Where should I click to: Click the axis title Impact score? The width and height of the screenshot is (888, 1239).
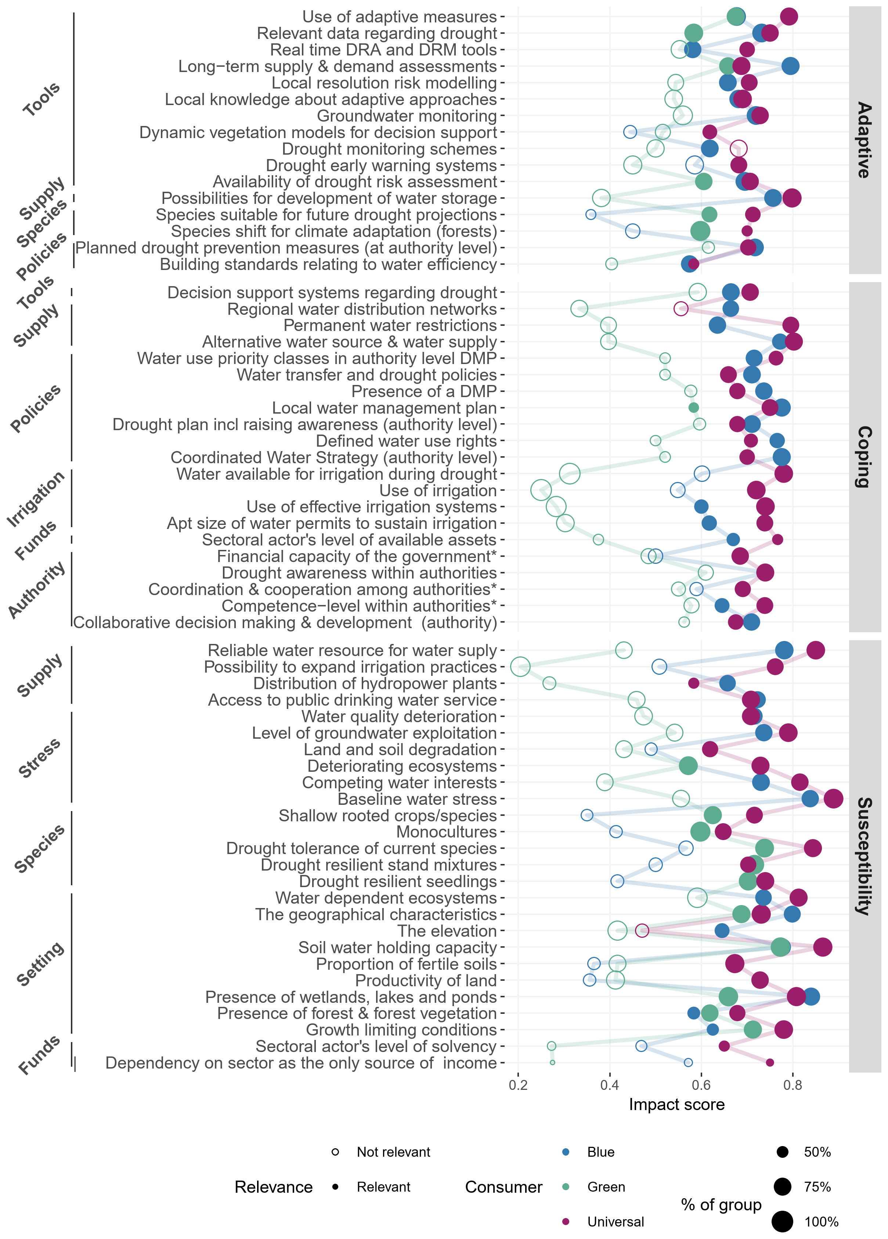click(676, 1104)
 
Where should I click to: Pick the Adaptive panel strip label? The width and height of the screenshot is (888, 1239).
click(864, 140)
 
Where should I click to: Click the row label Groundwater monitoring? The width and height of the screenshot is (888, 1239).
click(407, 116)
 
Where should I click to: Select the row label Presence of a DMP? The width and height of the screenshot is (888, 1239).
click(424, 391)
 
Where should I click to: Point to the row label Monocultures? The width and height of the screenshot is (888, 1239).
click(446, 832)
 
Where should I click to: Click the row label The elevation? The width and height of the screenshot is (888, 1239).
click(447, 930)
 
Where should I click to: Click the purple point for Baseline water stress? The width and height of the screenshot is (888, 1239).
click(833, 799)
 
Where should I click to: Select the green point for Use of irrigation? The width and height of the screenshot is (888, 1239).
click(541, 490)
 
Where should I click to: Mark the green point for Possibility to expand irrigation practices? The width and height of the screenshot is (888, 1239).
click(520, 666)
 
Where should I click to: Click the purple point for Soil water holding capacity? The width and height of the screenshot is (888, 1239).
click(823, 947)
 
